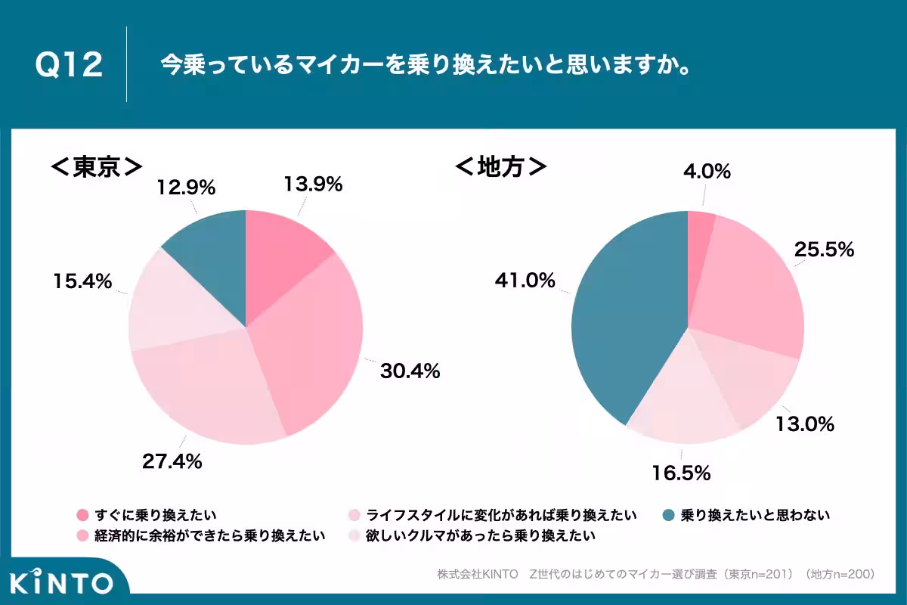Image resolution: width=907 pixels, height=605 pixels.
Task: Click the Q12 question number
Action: tap(69, 66)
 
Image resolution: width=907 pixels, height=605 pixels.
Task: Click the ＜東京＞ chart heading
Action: tap(97, 166)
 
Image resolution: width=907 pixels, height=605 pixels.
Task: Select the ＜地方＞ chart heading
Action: tap(501, 166)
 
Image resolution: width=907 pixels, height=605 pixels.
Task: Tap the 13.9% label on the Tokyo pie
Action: tap(314, 184)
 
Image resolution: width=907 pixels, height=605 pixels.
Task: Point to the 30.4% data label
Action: tap(410, 371)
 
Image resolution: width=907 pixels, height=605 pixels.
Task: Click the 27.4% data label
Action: tap(172, 461)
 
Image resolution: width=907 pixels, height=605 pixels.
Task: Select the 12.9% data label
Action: tap(187, 186)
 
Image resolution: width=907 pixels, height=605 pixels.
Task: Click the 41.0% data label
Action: tap(525, 281)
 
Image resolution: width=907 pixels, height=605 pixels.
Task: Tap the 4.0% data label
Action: tap(706, 172)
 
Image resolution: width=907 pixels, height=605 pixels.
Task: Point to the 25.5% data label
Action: tap(825, 249)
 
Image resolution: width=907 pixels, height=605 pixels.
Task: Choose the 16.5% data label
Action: tap(682, 473)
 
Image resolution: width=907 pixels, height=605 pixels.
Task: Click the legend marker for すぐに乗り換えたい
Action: tap(82, 516)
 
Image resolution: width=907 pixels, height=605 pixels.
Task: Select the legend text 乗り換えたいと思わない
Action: tap(756, 516)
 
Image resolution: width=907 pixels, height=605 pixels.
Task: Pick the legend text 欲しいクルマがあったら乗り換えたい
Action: tap(481, 536)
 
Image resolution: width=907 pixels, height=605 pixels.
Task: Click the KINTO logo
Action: tap(61, 582)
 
